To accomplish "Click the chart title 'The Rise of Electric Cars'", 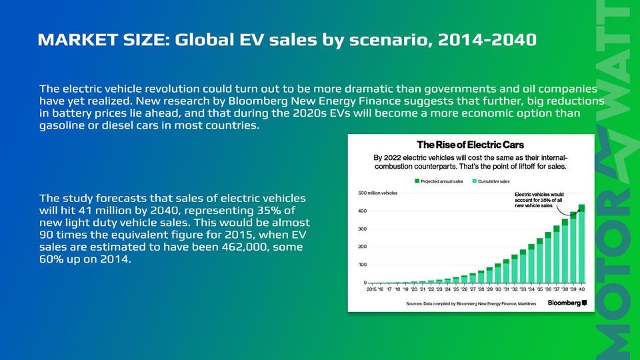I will coord(470,145).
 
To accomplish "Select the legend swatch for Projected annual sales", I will coord(417,180).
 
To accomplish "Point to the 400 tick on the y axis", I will coord(363,211).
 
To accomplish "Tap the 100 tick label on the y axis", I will coord(363,265).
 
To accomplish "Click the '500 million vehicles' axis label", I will coord(378,193).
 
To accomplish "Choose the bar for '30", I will coord(497,274).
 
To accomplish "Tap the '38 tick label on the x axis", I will coord(565,289).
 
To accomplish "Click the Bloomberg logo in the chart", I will coord(567,303).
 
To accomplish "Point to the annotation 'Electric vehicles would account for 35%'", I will coord(539,200).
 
